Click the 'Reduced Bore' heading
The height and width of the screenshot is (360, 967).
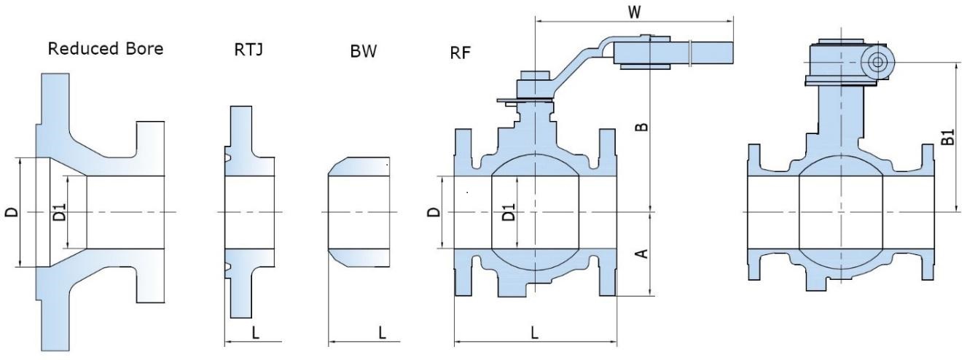tap(106, 50)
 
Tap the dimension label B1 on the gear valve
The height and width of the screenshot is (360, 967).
tap(948, 136)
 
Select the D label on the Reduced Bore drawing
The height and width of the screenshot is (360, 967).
tap(10, 212)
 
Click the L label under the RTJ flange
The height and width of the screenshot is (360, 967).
tap(255, 333)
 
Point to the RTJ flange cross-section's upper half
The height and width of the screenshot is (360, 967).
tap(240, 142)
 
